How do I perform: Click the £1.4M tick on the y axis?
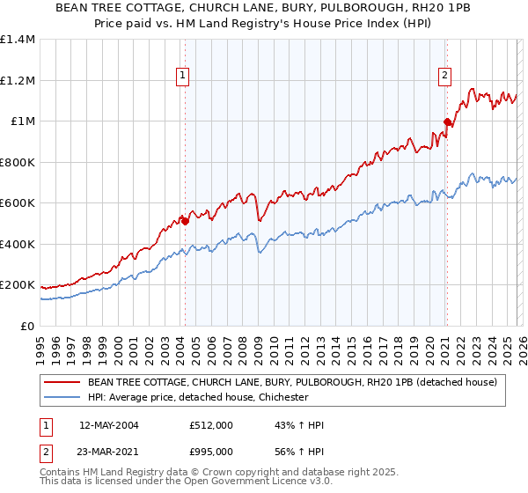pyautogui.click(x=18, y=40)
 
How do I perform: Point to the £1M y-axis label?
pyautogui.click(x=22, y=121)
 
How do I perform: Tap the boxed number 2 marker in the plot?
pyautogui.click(x=445, y=77)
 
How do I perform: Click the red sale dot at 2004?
pyautogui.click(x=185, y=221)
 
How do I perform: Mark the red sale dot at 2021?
pyautogui.click(x=447, y=122)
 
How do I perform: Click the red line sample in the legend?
pyautogui.click(x=63, y=382)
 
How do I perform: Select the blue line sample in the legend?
pyautogui.click(x=63, y=397)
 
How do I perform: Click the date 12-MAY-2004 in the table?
pyautogui.click(x=108, y=425)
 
